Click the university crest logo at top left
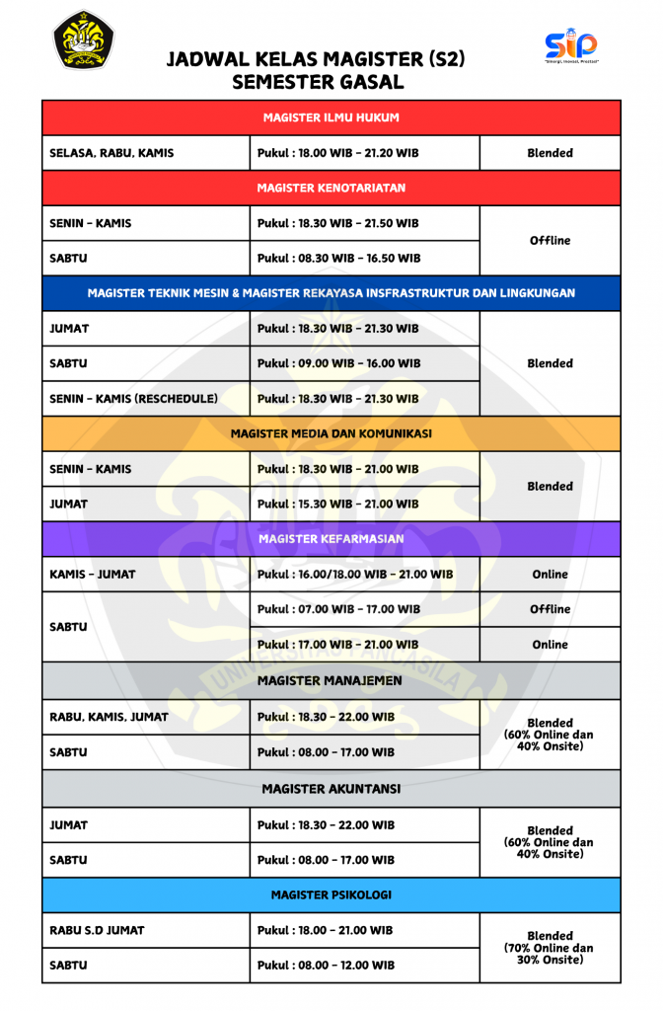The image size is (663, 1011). tap(83, 39)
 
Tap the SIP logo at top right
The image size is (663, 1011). tap(571, 45)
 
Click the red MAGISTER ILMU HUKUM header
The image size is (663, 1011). tap(331, 117)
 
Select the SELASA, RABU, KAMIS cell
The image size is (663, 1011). tap(145, 153)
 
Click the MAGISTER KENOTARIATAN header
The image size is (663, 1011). tap(331, 188)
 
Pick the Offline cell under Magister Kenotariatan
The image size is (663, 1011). tap(550, 241)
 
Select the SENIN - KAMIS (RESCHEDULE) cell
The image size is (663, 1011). tap(145, 399)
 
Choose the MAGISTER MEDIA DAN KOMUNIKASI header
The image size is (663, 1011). tap(331, 433)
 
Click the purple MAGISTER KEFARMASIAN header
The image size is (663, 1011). tap(331, 539)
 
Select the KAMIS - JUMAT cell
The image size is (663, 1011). tap(145, 575)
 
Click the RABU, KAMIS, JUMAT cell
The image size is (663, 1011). tap(145, 717)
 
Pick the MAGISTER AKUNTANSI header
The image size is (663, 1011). tap(331, 789)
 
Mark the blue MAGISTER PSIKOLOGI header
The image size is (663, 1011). tap(331, 894)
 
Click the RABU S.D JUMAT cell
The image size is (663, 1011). tap(145, 930)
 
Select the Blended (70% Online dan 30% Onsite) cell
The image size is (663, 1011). tap(550, 948)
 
